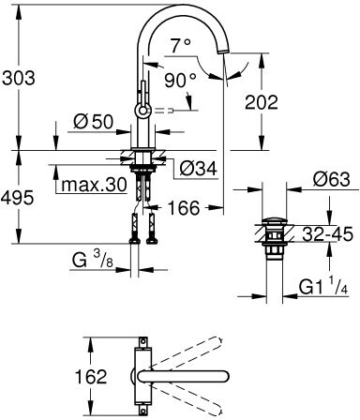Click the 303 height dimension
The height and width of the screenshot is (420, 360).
[19, 78]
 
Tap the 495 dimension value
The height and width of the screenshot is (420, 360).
[17, 198]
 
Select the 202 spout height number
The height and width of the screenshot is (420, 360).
[262, 102]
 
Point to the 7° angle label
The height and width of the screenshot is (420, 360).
[180, 46]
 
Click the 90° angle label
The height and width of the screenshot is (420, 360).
[181, 81]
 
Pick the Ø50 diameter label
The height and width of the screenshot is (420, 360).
[93, 121]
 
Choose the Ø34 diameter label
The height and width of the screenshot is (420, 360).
[198, 169]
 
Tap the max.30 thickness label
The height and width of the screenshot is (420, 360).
[94, 185]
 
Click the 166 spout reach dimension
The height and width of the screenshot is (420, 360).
[184, 208]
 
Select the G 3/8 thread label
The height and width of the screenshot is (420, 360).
[93, 260]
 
